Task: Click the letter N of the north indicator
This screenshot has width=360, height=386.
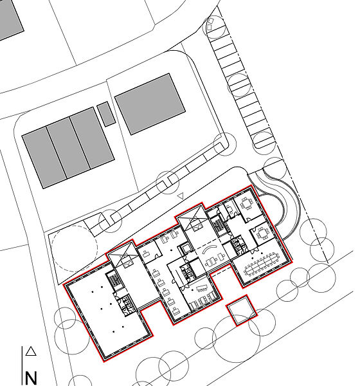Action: [x=31, y=378]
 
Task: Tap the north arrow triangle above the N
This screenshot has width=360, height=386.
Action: [x=31, y=351]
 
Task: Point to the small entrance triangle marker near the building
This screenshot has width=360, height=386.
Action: [x=181, y=196]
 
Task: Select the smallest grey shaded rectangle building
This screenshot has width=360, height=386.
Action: [x=106, y=114]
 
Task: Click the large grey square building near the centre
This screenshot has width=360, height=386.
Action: [x=150, y=104]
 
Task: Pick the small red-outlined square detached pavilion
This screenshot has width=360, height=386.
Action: [x=241, y=311]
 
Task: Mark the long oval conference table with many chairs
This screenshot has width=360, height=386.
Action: [x=262, y=264]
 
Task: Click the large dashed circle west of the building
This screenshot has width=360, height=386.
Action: [x=75, y=248]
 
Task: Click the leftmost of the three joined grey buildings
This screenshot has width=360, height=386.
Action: [x=44, y=158]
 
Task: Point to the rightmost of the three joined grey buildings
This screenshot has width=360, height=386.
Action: [x=92, y=138]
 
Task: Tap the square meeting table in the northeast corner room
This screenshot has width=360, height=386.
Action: [x=246, y=204]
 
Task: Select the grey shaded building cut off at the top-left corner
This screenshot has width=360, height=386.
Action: [x=10, y=19]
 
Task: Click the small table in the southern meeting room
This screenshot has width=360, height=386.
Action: [x=202, y=288]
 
